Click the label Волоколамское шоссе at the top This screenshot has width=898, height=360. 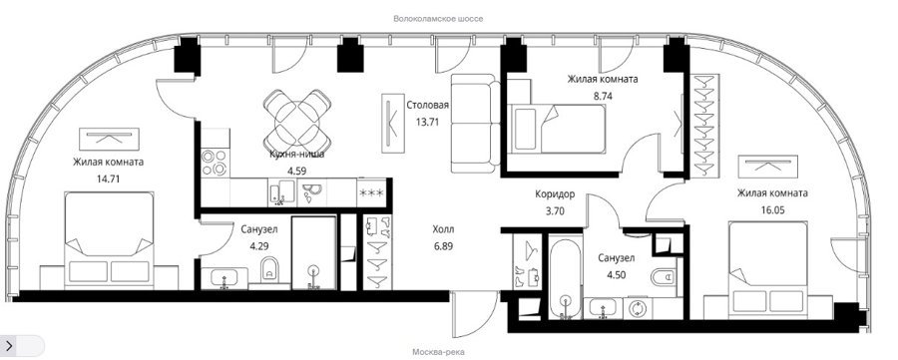coord(438,19)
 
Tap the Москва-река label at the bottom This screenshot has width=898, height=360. coord(438,352)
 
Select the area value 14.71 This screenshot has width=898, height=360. coord(108,178)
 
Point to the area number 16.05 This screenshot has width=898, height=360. coord(772,210)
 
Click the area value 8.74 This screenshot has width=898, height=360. coord(603,96)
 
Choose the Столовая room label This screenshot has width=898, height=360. coord(427,106)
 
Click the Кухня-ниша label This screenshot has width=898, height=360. coord(297,154)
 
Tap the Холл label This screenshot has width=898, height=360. coord(443,229)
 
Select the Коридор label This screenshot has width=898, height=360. coord(555,194)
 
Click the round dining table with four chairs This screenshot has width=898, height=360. coord(297,121)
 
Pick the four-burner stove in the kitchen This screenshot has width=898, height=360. coord(215,163)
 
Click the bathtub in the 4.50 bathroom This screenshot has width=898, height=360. coord(566,277)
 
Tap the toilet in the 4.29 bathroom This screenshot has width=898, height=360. coord(269,269)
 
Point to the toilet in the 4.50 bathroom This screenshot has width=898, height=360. coord(664,277)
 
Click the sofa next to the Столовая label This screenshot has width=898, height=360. coord(475,123)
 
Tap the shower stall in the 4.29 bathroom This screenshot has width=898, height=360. coord(313,252)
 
